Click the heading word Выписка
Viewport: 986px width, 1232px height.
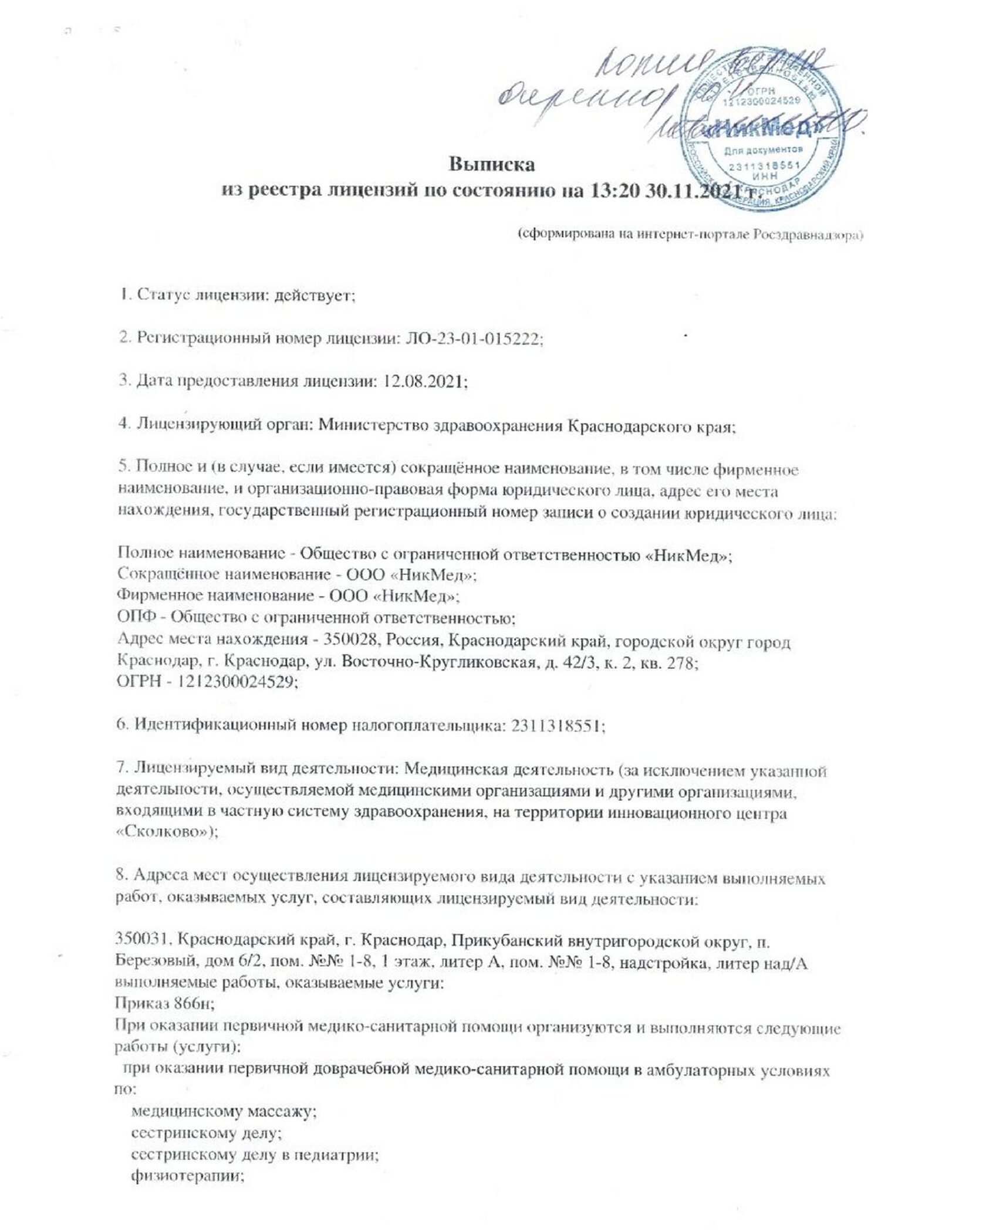point(492,164)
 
